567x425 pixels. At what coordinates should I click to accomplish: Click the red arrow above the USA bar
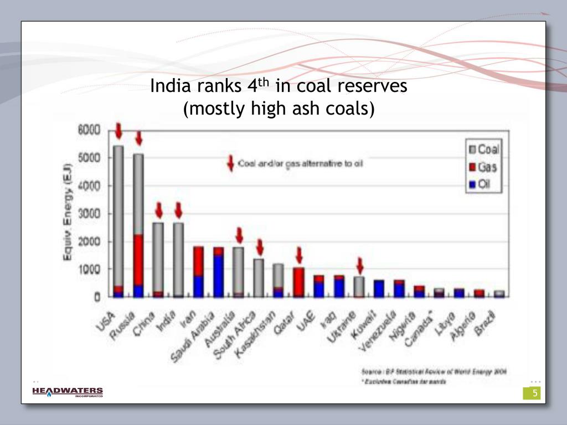point(118,131)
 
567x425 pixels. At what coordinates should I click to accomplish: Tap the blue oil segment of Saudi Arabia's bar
point(218,276)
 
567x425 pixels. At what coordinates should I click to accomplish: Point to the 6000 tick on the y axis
point(89,130)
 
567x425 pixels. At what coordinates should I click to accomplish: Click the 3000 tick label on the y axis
point(89,214)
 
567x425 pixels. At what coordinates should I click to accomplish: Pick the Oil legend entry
point(481,185)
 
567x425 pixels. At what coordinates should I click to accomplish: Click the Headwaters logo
point(68,392)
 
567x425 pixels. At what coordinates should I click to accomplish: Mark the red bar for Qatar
point(299,282)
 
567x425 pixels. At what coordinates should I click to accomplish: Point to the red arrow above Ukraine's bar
point(359,266)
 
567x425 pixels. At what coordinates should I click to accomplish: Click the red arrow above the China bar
point(158,210)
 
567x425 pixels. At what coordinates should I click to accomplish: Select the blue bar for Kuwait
point(379,288)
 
